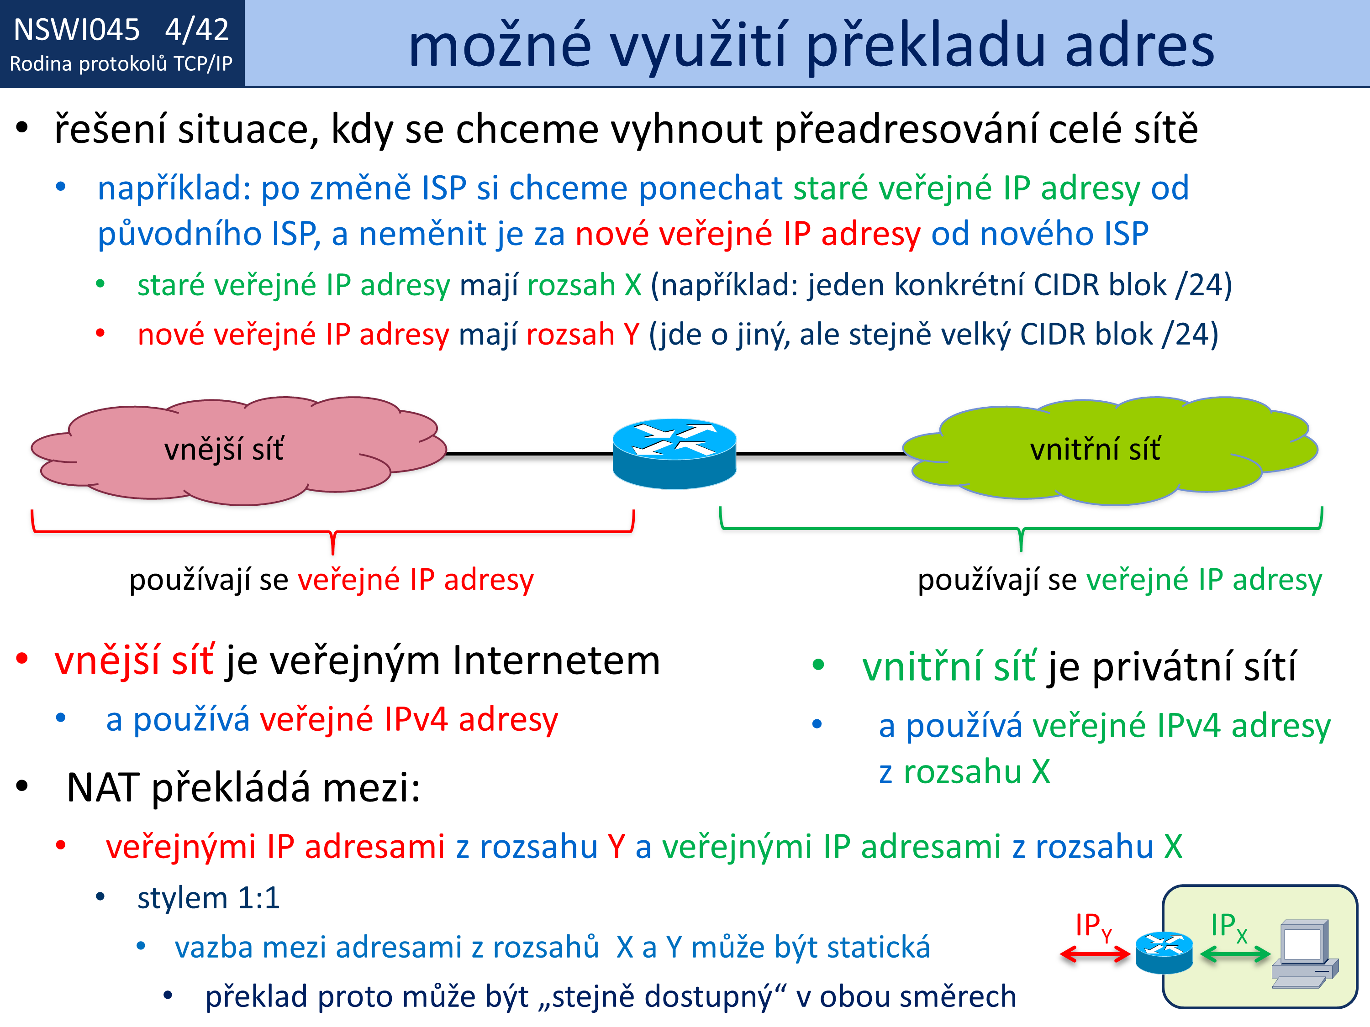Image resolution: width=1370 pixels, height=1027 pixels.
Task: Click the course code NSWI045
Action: (77, 30)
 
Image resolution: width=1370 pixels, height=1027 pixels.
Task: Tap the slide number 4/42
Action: (197, 30)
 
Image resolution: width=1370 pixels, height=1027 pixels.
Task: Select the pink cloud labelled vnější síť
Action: (238, 451)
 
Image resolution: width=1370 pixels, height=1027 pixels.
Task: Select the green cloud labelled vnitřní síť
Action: (1110, 451)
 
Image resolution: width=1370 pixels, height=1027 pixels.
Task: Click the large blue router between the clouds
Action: (674, 454)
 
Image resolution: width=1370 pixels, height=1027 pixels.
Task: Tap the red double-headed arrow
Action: (1095, 954)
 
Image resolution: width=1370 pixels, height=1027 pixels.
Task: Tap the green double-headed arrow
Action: (1235, 954)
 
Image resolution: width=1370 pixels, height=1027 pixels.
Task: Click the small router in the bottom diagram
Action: (1164, 953)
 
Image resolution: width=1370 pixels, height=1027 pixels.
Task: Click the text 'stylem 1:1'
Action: (209, 898)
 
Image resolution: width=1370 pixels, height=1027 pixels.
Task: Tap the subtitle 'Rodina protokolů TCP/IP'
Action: (121, 64)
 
